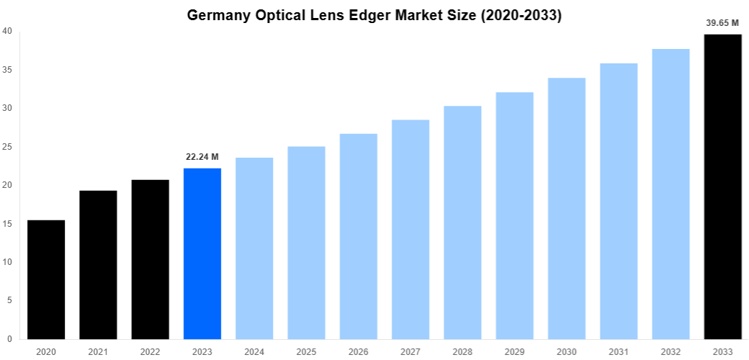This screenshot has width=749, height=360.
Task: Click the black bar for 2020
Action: pos(46,279)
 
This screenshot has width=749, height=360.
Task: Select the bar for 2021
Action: pos(98,265)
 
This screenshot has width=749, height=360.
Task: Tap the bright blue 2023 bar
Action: pos(202,253)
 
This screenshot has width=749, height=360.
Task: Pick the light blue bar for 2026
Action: pos(359,236)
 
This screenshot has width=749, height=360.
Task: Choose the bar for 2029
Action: pos(515,216)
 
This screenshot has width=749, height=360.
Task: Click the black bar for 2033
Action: pos(722,187)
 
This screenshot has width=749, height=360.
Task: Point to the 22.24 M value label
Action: pos(202,156)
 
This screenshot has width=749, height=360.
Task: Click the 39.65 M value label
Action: pos(723,23)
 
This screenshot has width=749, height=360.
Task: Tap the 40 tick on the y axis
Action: pos(6,31)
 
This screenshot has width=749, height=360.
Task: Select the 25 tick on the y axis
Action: pos(6,147)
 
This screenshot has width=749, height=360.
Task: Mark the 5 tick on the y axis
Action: pos(9,300)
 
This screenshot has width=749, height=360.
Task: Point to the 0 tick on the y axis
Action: pos(9,339)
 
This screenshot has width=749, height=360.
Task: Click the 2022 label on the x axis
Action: pos(151,351)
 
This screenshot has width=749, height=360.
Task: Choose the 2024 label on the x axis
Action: pos(254,351)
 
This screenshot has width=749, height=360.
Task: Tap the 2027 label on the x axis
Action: pos(411,351)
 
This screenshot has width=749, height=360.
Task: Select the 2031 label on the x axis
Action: pos(619,351)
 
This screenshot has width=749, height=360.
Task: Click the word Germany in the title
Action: pos(218,15)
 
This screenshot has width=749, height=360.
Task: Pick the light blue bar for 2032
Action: pos(670,194)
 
